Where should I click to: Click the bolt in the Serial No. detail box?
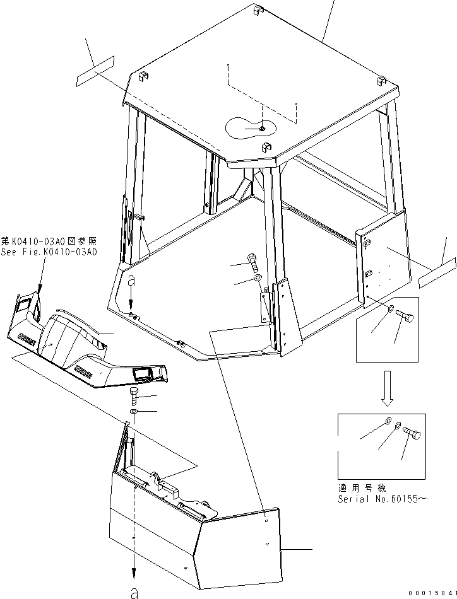(413, 433)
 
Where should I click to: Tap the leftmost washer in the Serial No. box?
(386, 422)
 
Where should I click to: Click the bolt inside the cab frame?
(252, 260)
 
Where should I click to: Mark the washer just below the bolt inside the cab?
(258, 278)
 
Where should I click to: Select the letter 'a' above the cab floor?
(131, 279)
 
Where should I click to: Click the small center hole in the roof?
(261, 128)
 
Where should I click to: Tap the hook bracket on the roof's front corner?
(266, 148)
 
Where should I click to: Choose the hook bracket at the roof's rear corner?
(258, 11)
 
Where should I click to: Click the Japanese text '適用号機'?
(360, 488)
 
